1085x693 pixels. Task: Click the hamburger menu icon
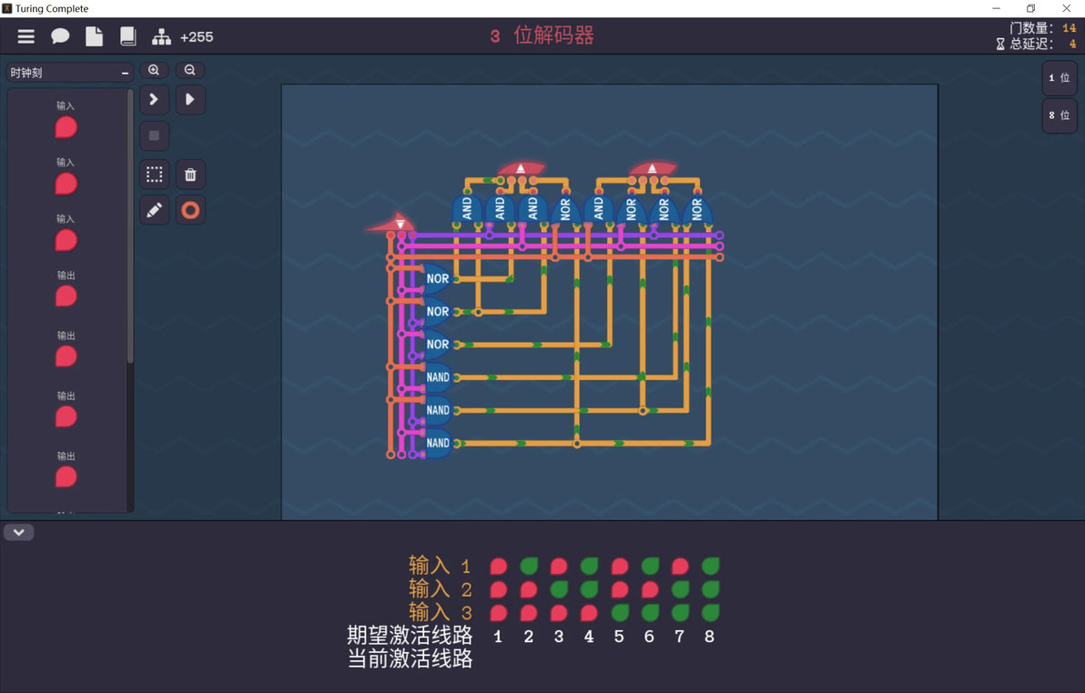25,36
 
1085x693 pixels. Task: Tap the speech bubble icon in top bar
60,36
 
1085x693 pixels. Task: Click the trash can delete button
190,175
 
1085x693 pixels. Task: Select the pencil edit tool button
155,209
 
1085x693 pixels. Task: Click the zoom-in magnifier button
154,70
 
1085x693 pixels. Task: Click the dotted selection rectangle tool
155,175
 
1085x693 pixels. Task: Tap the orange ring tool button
190,209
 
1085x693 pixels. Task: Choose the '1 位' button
1060,77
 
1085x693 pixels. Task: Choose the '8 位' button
1060,115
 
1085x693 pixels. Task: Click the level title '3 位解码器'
542,36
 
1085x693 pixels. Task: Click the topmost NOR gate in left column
435,278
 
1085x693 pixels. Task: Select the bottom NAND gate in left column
437,443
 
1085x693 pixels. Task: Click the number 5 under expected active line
619,637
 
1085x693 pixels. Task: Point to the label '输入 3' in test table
440,612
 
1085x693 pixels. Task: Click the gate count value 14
1070,28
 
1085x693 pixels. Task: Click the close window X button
1066,8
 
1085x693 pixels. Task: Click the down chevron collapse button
19,532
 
